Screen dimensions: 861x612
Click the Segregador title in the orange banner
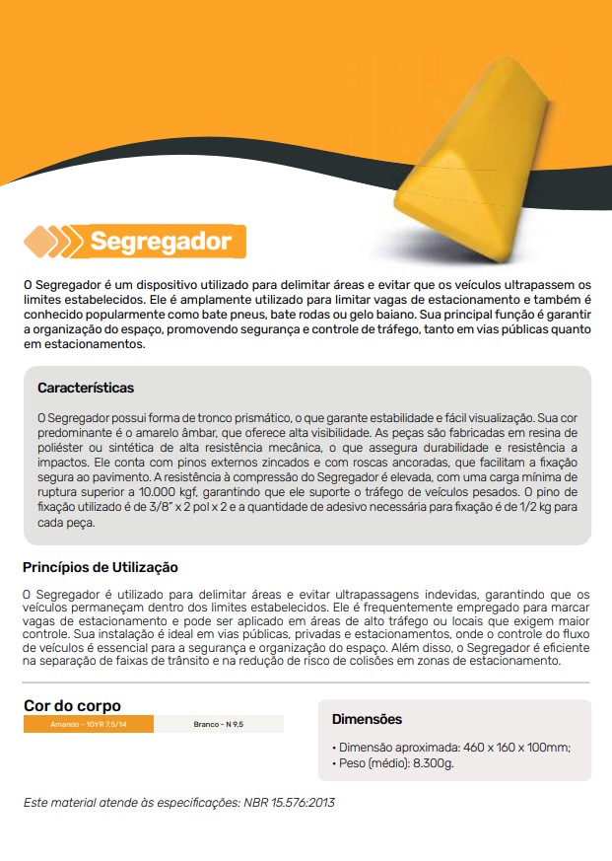click(161, 241)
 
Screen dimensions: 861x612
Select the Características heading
click(86, 388)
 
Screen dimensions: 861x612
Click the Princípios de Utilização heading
click(100, 568)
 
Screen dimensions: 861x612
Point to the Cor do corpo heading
click(72, 706)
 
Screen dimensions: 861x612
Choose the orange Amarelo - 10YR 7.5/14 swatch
click(89, 724)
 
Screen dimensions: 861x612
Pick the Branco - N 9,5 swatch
click(218, 724)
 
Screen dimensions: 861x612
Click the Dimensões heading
click(367, 719)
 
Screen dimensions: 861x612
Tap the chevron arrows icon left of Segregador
click(53, 241)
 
